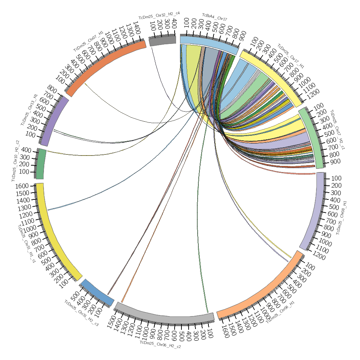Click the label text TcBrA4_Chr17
tap(214, 17)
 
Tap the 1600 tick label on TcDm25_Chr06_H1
tap(223, 329)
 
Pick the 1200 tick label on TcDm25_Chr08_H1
tap(319, 257)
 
